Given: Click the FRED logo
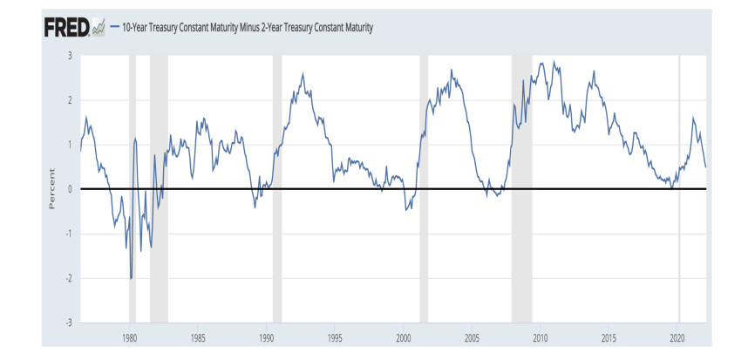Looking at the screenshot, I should click(x=66, y=28).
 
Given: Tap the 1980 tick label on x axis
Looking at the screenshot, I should click(x=129, y=336).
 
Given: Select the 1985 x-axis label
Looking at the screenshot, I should click(x=198, y=336).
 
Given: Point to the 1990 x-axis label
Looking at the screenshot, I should click(x=267, y=336).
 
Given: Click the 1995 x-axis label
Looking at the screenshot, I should click(x=335, y=336).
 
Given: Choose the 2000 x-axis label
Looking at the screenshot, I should click(x=403, y=336).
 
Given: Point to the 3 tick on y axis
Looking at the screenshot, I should click(x=70, y=56).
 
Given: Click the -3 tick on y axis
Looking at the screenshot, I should click(x=69, y=323).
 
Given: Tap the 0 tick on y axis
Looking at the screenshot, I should click(x=70, y=189).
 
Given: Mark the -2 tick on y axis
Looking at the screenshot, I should click(x=69, y=278).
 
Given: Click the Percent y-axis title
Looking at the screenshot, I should click(x=51, y=189).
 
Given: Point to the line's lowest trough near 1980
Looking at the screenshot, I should click(x=131, y=278).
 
